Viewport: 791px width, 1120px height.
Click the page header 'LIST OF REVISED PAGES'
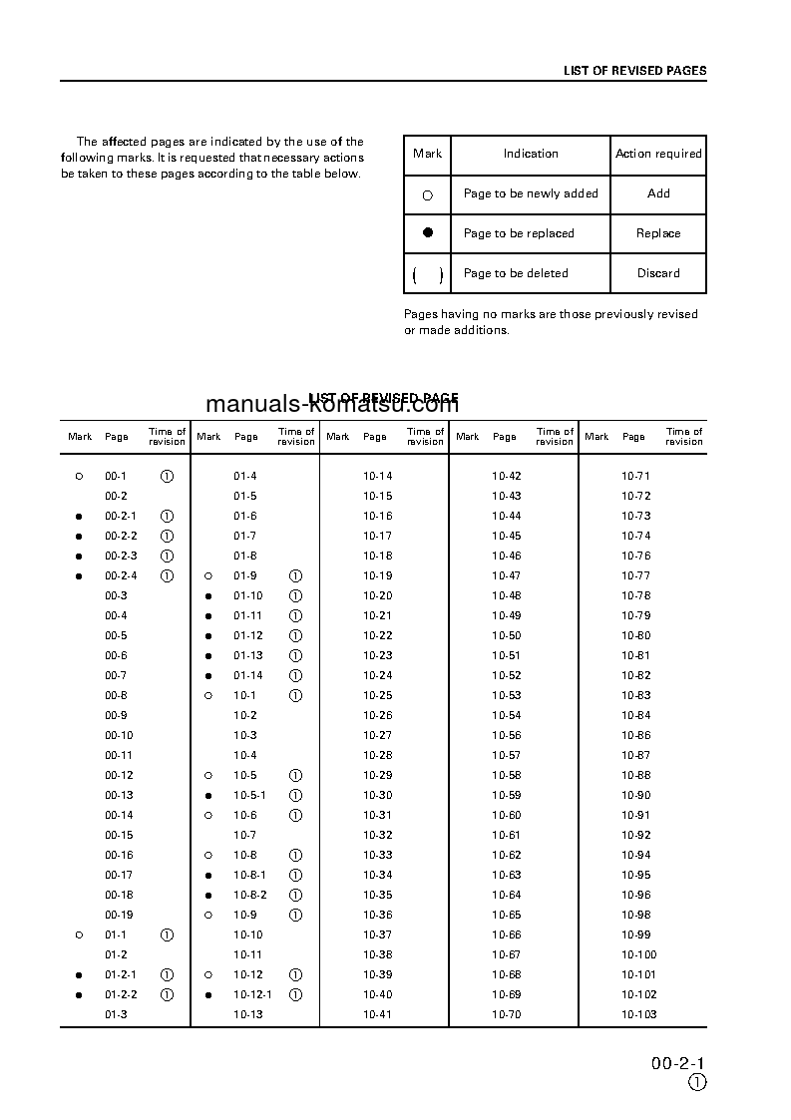[x=634, y=71]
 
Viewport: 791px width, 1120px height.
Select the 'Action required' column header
[x=658, y=154]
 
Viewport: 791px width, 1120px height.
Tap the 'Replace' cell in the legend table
[x=658, y=233]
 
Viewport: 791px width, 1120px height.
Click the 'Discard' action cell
[x=658, y=273]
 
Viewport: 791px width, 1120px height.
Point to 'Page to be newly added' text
[x=531, y=193]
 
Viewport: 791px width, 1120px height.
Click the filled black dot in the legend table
[x=428, y=232]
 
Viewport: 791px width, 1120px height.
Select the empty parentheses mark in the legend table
[x=428, y=274]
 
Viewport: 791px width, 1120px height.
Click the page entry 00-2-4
[x=121, y=575]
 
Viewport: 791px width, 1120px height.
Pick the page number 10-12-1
[x=252, y=994]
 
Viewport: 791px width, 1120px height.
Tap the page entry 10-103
[x=638, y=1014]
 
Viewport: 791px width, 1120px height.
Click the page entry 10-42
[x=506, y=476]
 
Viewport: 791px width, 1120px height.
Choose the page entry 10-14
[x=377, y=476]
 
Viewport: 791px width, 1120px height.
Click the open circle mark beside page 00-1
[x=79, y=477]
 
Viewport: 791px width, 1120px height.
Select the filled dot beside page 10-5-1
[x=208, y=796]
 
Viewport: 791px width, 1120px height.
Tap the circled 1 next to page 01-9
[x=295, y=576]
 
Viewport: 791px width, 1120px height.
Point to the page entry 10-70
[x=506, y=1014]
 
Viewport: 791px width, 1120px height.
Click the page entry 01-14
[x=248, y=675]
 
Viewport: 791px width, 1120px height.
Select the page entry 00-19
[x=119, y=915]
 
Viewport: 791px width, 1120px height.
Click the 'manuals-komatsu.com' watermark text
[x=332, y=404]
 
